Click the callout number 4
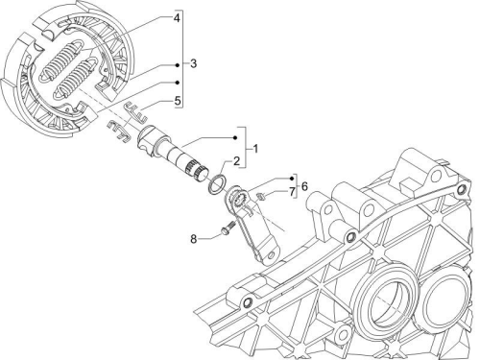pos(177,17)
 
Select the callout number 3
pos(193,63)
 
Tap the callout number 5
pos(178,101)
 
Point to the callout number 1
pos(255,149)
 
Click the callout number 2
pos(236,161)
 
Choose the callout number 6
pos(304,186)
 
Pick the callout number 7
pos(292,192)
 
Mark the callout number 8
pos(193,239)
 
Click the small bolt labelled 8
pos(228,228)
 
